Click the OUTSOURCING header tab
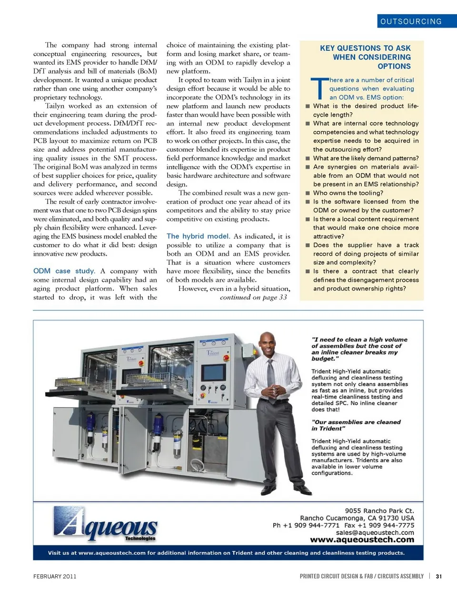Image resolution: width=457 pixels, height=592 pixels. [x=411, y=21]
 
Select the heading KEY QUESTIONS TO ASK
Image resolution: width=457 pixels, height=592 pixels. [x=365, y=48]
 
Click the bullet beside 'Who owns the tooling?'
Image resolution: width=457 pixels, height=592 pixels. [x=308, y=193]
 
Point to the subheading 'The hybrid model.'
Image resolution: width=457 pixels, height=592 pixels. [x=198, y=236]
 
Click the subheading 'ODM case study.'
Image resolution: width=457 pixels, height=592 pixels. [x=64, y=271]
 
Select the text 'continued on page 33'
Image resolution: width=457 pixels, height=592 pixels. [x=253, y=297]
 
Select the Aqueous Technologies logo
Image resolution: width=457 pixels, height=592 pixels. [x=106, y=524]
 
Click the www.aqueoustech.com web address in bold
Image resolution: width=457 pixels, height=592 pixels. [x=362, y=540]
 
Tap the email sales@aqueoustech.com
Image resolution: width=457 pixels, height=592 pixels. [x=375, y=532]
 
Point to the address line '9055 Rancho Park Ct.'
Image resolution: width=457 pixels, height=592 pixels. [x=379, y=511]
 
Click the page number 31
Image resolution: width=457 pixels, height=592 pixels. [x=438, y=576]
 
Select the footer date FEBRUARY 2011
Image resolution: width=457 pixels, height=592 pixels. [x=55, y=576]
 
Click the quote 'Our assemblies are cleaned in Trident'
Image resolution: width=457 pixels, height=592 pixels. [x=356, y=425]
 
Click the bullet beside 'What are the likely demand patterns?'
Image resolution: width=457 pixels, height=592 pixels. [x=308, y=158]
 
